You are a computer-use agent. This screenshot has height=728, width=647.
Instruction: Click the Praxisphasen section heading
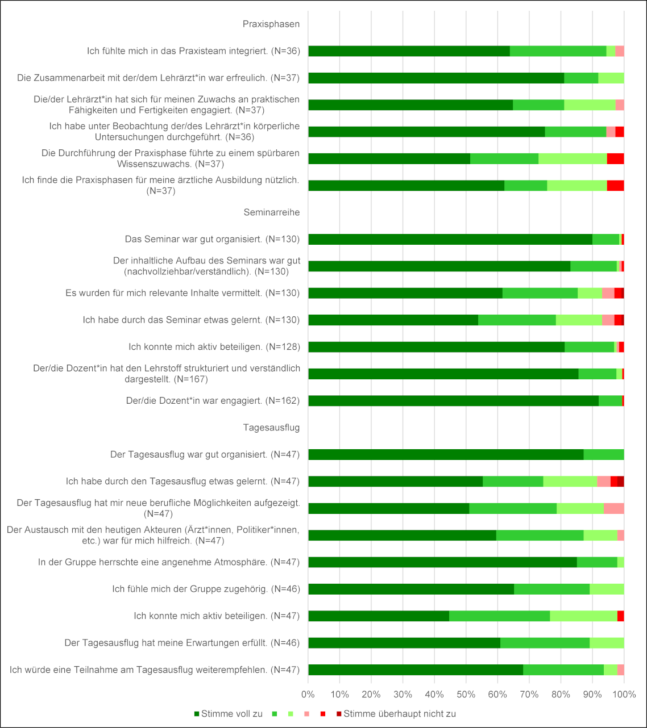(271, 24)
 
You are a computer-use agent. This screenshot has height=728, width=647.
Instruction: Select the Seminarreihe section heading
(272, 212)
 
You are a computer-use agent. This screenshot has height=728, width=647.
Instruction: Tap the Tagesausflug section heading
(271, 428)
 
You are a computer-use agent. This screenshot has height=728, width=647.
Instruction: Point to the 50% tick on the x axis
(466, 694)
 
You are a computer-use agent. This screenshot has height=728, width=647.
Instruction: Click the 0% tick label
(308, 694)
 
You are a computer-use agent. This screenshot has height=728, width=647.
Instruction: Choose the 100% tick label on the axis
(624, 694)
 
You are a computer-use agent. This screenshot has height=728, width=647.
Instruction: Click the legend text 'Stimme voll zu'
(231, 714)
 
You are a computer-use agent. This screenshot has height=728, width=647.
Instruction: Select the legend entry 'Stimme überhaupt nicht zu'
(399, 714)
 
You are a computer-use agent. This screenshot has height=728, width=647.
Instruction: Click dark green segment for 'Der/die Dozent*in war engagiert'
(453, 401)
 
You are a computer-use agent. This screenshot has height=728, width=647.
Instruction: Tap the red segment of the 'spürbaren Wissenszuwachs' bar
(615, 159)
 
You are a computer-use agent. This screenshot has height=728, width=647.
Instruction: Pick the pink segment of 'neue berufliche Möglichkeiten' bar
(613, 508)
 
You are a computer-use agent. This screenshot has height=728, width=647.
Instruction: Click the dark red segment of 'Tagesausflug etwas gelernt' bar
(621, 482)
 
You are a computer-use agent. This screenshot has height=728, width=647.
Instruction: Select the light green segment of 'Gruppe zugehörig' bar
(607, 589)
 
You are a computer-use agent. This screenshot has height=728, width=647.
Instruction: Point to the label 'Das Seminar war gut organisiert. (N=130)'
(212, 239)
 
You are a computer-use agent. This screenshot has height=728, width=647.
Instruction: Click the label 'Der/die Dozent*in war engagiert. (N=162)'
(213, 401)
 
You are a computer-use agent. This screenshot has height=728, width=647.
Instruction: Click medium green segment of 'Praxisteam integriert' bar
(558, 51)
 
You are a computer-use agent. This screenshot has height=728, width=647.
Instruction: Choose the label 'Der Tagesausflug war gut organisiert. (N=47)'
(205, 454)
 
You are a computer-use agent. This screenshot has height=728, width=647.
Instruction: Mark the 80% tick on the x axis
(561, 694)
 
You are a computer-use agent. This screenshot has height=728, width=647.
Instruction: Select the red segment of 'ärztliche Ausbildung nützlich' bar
(615, 186)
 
